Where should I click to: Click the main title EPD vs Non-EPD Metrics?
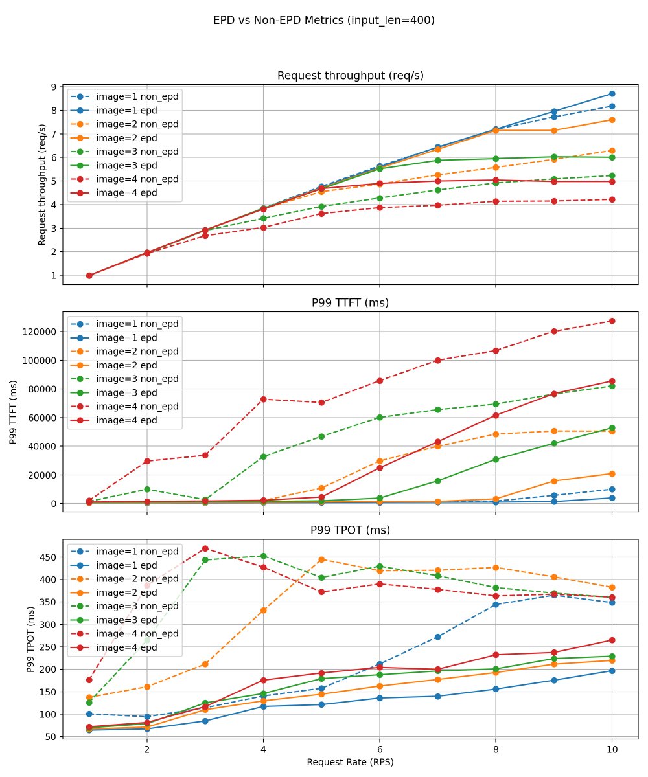(x=324, y=20)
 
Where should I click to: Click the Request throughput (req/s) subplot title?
(x=350, y=76)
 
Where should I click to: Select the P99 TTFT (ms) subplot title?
(x=350, y=303)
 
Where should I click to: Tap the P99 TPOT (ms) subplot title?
(x=350, y=530)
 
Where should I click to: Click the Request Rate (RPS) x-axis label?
(x=350, y=762)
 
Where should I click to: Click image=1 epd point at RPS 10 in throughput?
(x=612, y=94)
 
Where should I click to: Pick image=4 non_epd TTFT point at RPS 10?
(x=612, y=321)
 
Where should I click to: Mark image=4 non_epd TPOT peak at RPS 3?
(x=205, y=548)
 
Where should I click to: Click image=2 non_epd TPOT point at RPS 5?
(x=321, y=559)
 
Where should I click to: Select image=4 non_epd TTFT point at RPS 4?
(x=263, y=399)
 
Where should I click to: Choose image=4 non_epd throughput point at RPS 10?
(x=612, y=199)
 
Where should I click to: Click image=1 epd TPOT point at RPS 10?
(x=612, y=671)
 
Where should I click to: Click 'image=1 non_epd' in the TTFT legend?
(x=137, y=323)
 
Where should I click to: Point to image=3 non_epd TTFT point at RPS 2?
(x=147, y=490)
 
